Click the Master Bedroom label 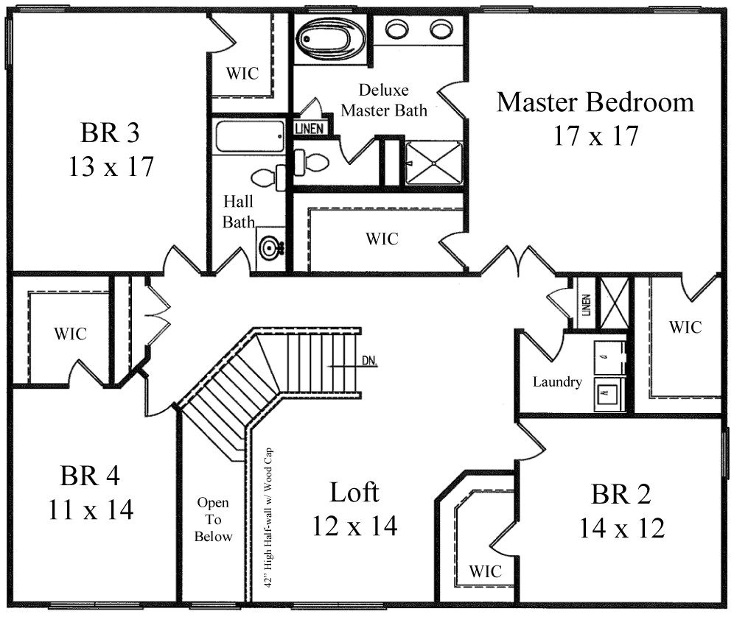595,102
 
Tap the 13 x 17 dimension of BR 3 111,167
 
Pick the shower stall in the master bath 433,161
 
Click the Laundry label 557,382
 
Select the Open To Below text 212,519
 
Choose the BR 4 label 91,476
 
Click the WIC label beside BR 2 485,571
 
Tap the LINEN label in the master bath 310,128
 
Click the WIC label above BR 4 70,334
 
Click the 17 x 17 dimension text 595,136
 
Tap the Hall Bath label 240,211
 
